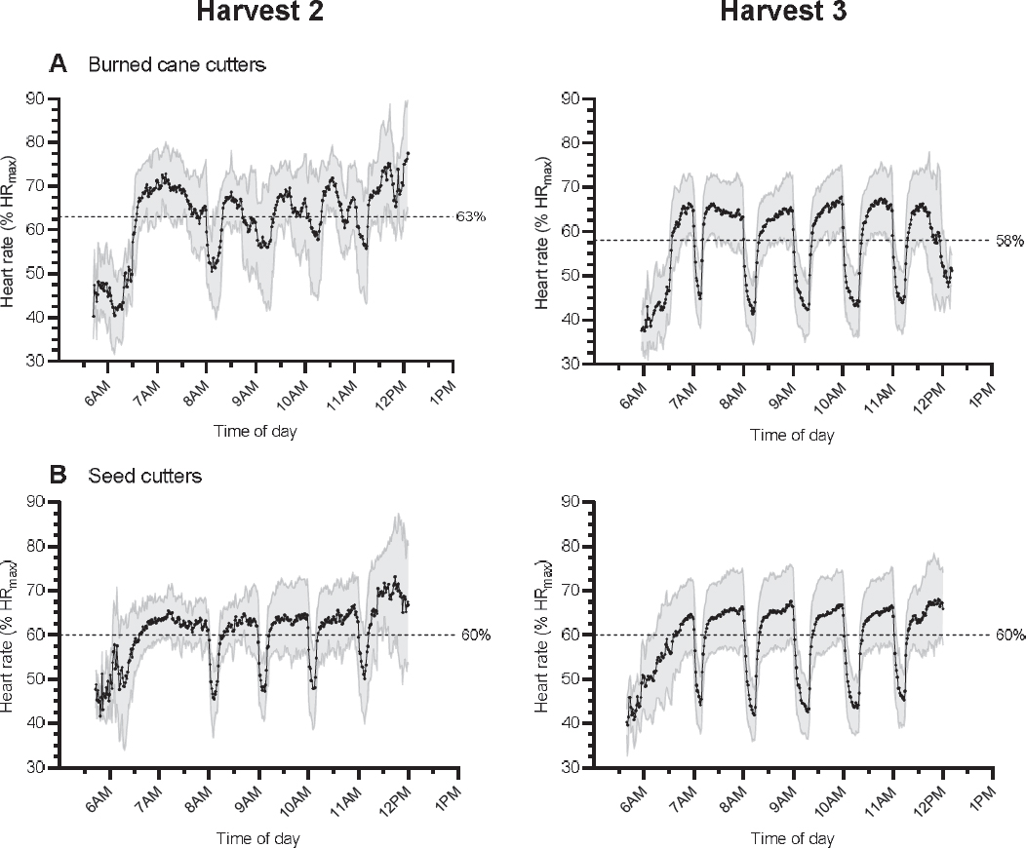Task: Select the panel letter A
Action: click(59, 65)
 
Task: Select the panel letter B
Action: click(59, 476)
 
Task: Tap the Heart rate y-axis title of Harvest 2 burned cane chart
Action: click(13, 230)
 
